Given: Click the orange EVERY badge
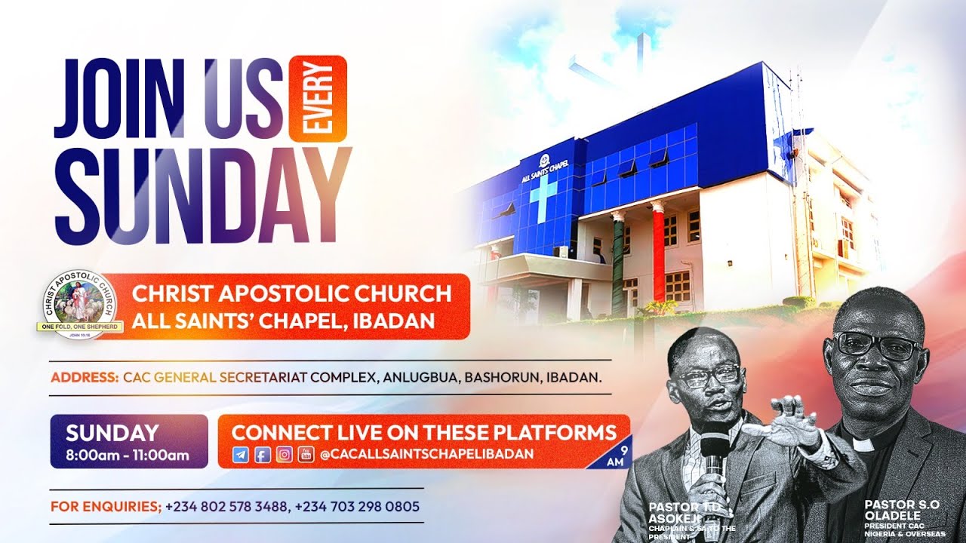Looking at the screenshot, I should tap(318, 98).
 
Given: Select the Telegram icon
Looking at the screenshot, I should tap(241, 455).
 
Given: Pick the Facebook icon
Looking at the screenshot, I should tap(262, 455).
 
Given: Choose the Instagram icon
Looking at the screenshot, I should tap(284, 455).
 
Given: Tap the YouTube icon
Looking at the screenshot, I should tap(305, 455).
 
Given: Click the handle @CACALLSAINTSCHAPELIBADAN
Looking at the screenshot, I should tap(426, 454).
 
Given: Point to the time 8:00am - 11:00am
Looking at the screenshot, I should tap(128, 455).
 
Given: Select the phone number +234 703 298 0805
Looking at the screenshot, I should tap(357, 507).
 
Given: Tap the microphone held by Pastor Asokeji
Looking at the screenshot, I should tap(713, 452).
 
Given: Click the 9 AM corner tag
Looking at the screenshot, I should tap(617, 456).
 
